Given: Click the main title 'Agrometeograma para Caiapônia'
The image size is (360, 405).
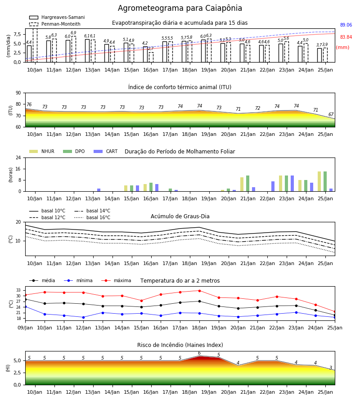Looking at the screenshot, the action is click(x=180, y=8).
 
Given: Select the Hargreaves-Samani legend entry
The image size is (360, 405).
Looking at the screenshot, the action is click(x=57, y=17).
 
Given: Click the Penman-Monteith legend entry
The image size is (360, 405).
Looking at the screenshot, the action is click(x=55, y=24).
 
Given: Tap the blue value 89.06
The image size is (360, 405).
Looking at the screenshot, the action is click(x=346, y=25).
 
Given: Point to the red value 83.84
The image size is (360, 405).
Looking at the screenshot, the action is click(x=346, y=37).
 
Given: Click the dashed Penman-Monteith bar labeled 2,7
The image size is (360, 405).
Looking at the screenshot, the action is click(x=151, y=57).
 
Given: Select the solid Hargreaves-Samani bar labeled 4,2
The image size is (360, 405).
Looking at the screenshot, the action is click(x=145, y=54).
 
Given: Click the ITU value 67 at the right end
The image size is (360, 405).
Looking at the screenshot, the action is click(x=331, y=114).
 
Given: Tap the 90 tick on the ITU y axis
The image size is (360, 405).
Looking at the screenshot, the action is click(x=18, y=93).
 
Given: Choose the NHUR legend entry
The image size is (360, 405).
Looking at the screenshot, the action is click(x=42, y=151).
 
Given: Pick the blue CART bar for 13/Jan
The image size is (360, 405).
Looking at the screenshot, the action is click(x=99, y=190).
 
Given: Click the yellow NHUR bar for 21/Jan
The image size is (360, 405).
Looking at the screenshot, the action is click(x=242, y=184).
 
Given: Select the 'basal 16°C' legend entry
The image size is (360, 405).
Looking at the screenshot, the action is click(x=92, y=217).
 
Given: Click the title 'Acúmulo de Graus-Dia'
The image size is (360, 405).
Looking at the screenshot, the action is click(x=180, y=216).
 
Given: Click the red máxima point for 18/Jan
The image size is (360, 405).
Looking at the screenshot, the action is click(x=199, y=291).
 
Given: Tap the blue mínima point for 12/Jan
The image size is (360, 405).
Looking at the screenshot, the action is click(x=83, y=317).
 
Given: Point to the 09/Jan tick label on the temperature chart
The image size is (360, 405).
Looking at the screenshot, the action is click(x=25, y=328).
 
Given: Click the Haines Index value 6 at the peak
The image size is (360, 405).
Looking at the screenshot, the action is click(x=199, y=353).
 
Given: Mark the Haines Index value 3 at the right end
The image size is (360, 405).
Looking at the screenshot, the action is click(x=331, y=368).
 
